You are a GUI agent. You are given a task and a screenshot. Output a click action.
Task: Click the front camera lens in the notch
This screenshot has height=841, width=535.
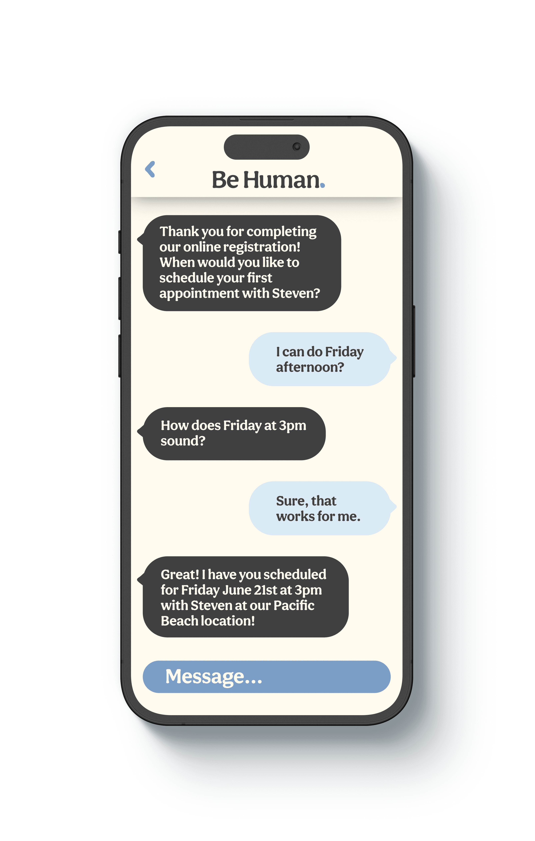[296, 147]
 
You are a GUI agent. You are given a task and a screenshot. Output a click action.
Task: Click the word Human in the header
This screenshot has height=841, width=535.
[281, 180]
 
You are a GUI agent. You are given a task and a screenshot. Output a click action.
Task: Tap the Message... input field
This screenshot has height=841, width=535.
[266, 677]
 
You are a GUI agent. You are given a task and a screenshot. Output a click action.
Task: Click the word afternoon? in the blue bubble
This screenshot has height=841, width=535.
[310, 367]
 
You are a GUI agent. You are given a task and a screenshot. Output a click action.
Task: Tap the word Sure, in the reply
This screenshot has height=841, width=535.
[292, 501]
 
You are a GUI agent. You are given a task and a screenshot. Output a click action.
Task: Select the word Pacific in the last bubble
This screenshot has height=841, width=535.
[294, 605]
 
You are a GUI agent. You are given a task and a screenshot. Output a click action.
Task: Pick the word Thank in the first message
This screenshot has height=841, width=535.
[179, 231]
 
